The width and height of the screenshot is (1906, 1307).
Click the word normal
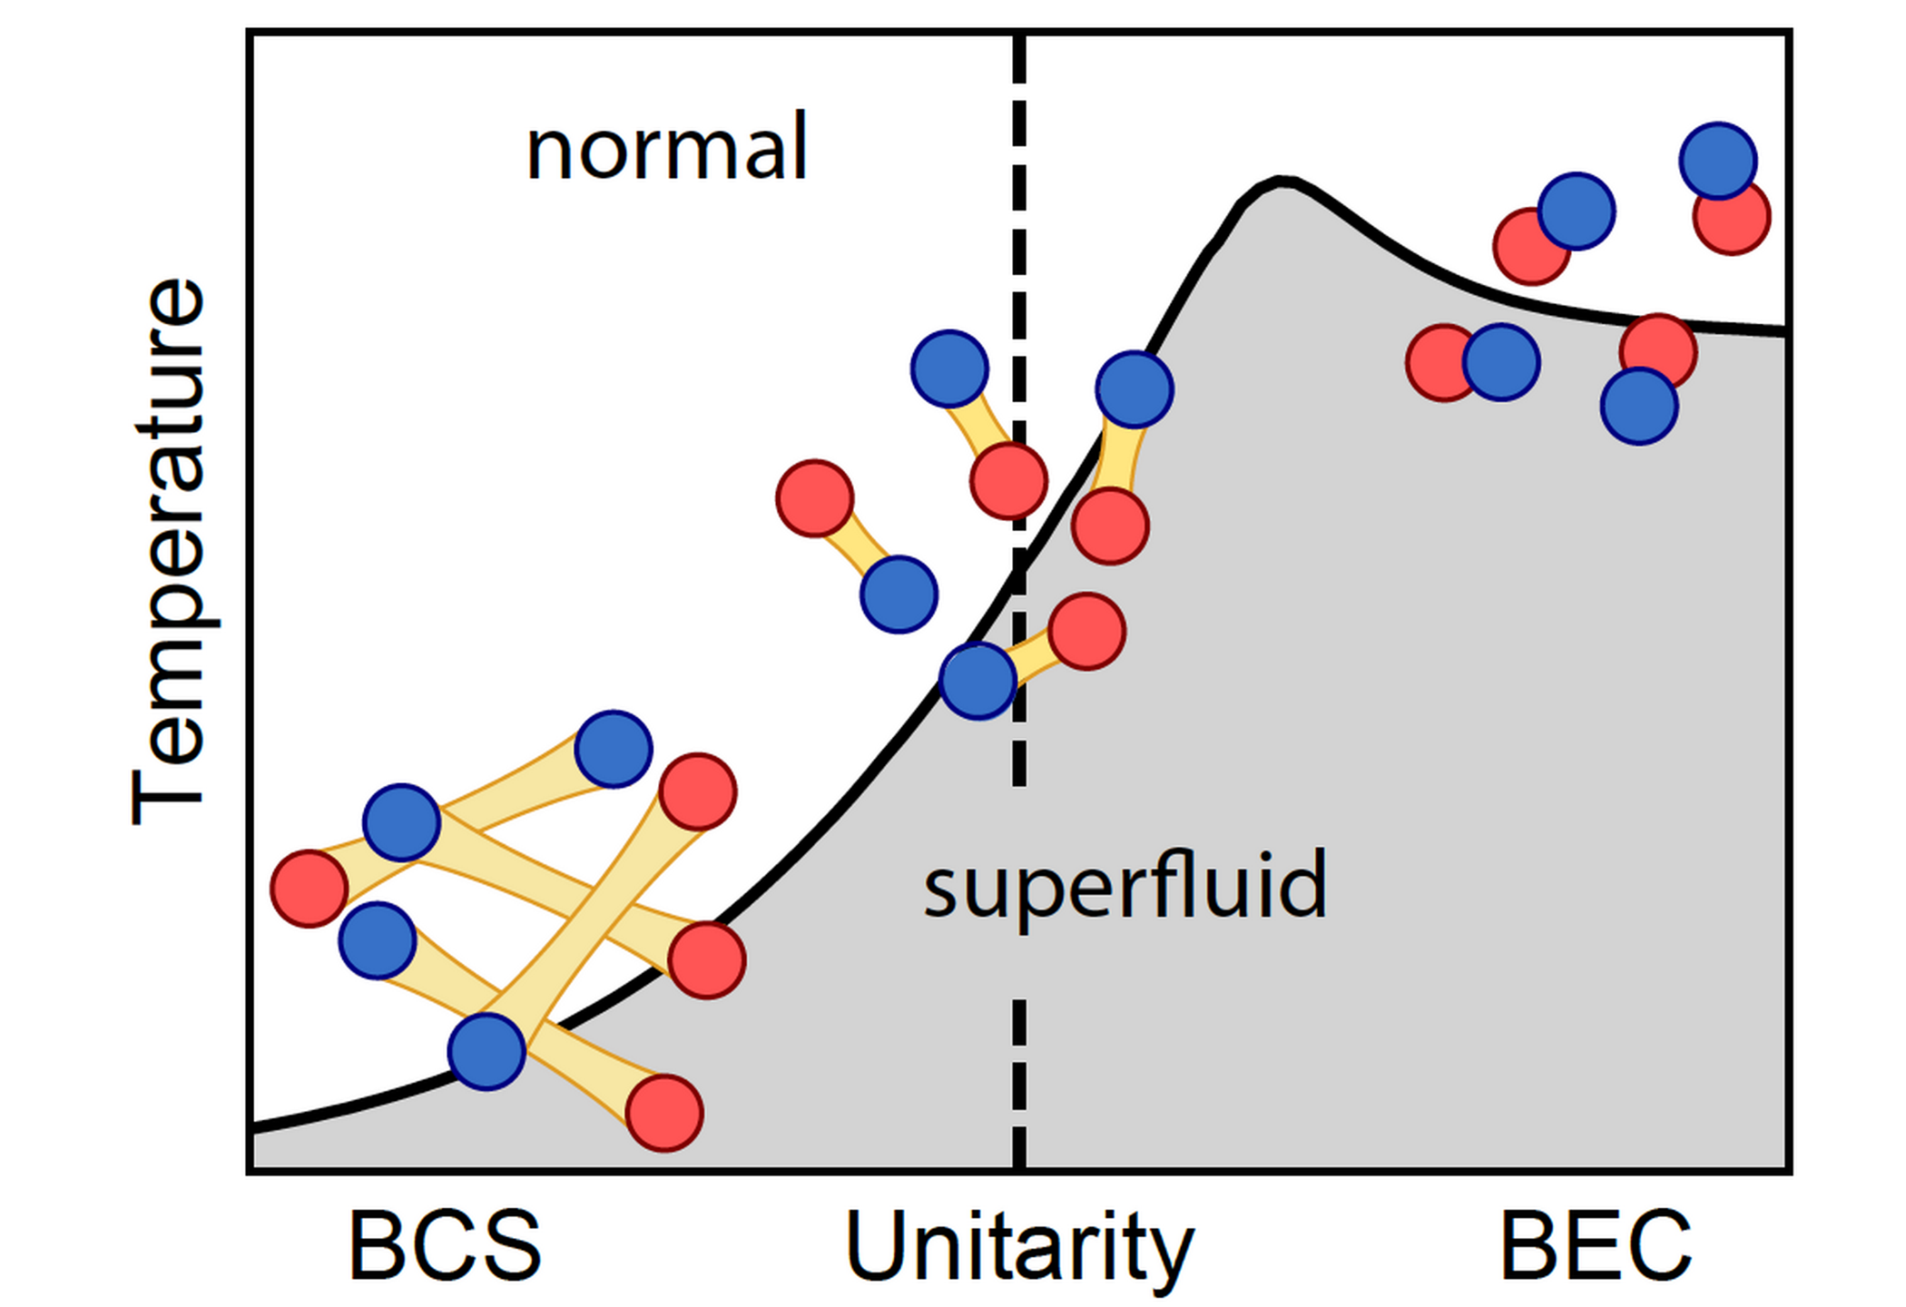[667, 148]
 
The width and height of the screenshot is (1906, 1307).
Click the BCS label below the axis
[445, 1245]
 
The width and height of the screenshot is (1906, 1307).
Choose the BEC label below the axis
[1596, 1245]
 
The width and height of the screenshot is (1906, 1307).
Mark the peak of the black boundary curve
[1282, 182]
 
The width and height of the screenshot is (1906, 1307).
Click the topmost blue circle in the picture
[1717, 161]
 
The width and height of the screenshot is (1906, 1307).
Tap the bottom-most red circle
[664, 1113]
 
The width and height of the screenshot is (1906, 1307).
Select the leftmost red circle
[309, 889]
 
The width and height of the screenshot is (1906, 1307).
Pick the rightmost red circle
[1732, 217]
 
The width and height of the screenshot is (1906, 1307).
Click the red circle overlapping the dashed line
[1008, 480]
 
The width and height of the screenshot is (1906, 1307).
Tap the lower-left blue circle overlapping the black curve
[487, 1051]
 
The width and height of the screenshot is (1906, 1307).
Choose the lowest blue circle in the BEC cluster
[1638, 406]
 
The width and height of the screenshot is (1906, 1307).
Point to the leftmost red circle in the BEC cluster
[1443, 362]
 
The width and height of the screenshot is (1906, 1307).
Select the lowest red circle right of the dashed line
[1087, 632]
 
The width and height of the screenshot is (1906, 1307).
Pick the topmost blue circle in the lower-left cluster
[614, 749]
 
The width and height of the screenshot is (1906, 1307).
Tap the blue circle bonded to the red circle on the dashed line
[949, 369]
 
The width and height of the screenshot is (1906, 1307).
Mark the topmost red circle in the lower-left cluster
[697, 791]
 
